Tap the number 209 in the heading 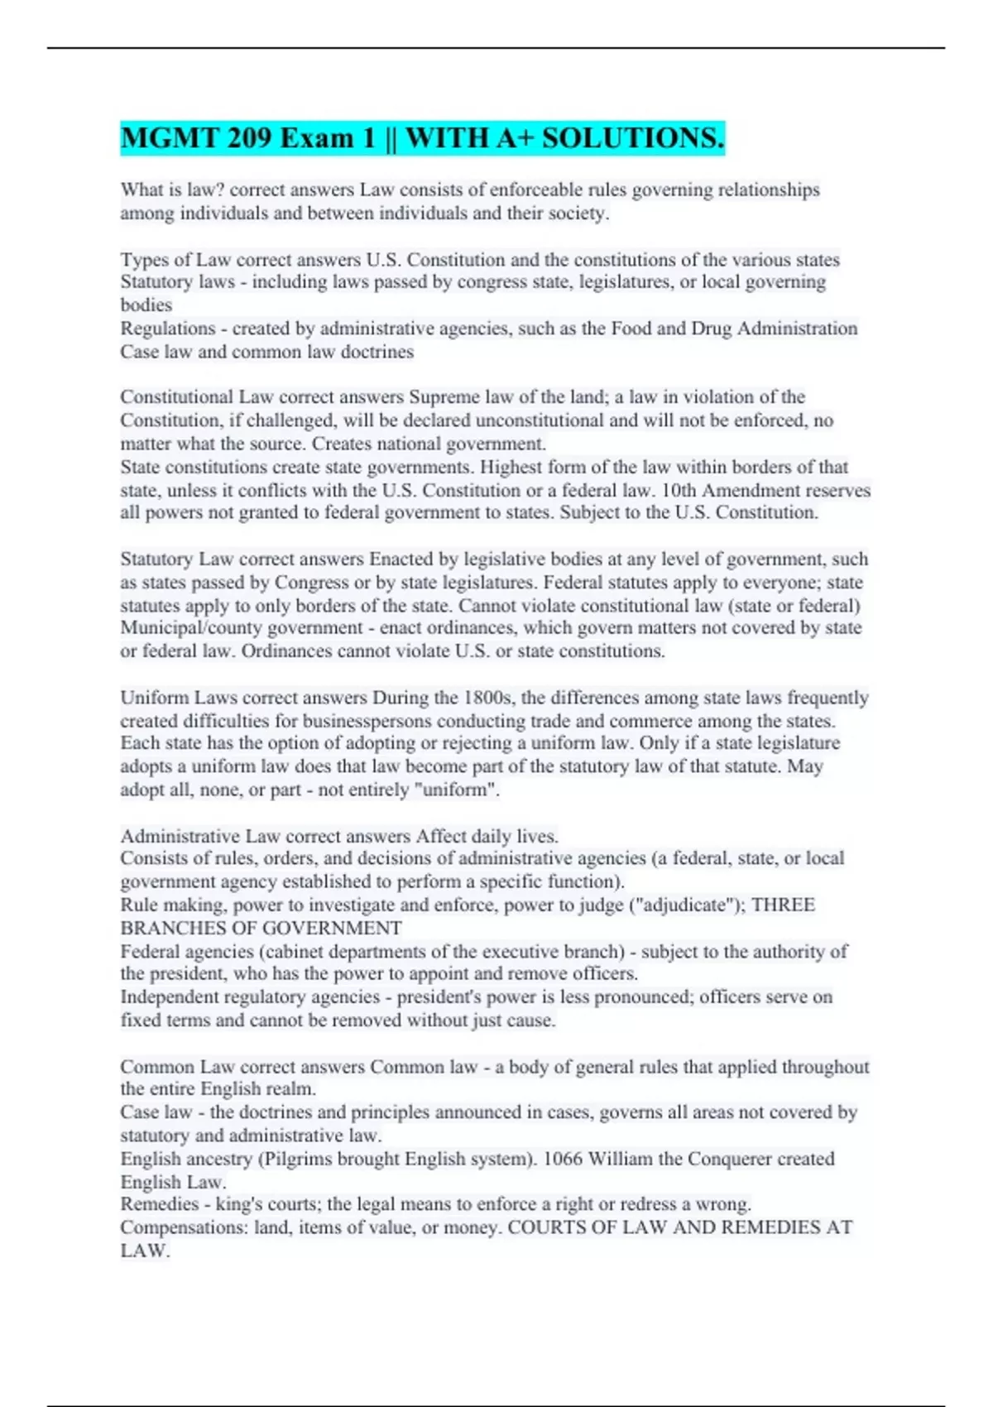248,137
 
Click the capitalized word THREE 783,905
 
